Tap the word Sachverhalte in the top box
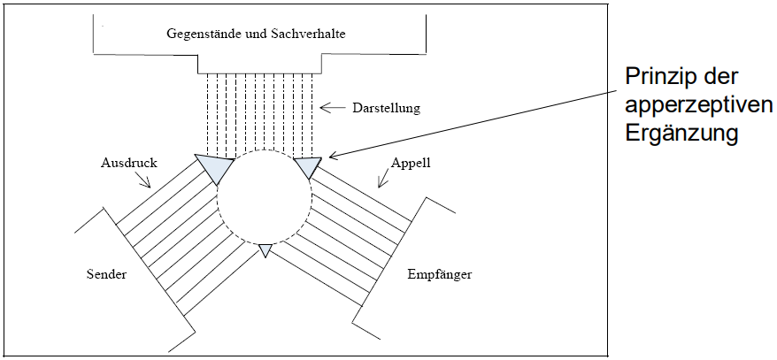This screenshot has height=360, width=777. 306,34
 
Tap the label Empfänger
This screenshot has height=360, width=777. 439,274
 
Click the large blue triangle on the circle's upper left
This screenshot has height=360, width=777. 215,166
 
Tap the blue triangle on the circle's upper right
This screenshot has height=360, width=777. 309,165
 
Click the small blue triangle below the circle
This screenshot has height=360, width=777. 264,251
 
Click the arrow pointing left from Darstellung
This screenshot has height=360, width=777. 333,108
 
